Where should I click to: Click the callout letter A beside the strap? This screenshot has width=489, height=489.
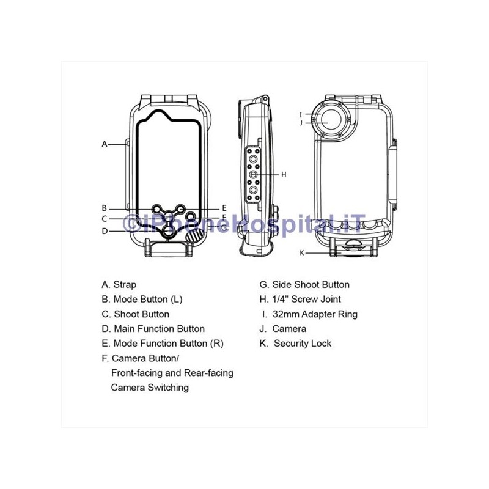[105, 144]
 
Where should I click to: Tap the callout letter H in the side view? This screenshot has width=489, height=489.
[284, 174]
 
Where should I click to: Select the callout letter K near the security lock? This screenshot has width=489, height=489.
[301, 252]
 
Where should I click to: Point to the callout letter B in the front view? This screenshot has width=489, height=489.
[105, 208]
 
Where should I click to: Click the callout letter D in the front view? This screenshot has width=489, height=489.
[105, 231]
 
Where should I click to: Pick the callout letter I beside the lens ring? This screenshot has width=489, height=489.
[301, 115]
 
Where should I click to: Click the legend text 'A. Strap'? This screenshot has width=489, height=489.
[119, 284]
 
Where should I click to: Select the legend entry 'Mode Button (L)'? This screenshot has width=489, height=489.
[148, 300]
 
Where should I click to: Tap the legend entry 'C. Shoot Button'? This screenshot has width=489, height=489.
[136, 314]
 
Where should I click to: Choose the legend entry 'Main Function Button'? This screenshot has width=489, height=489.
[160, 329]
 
